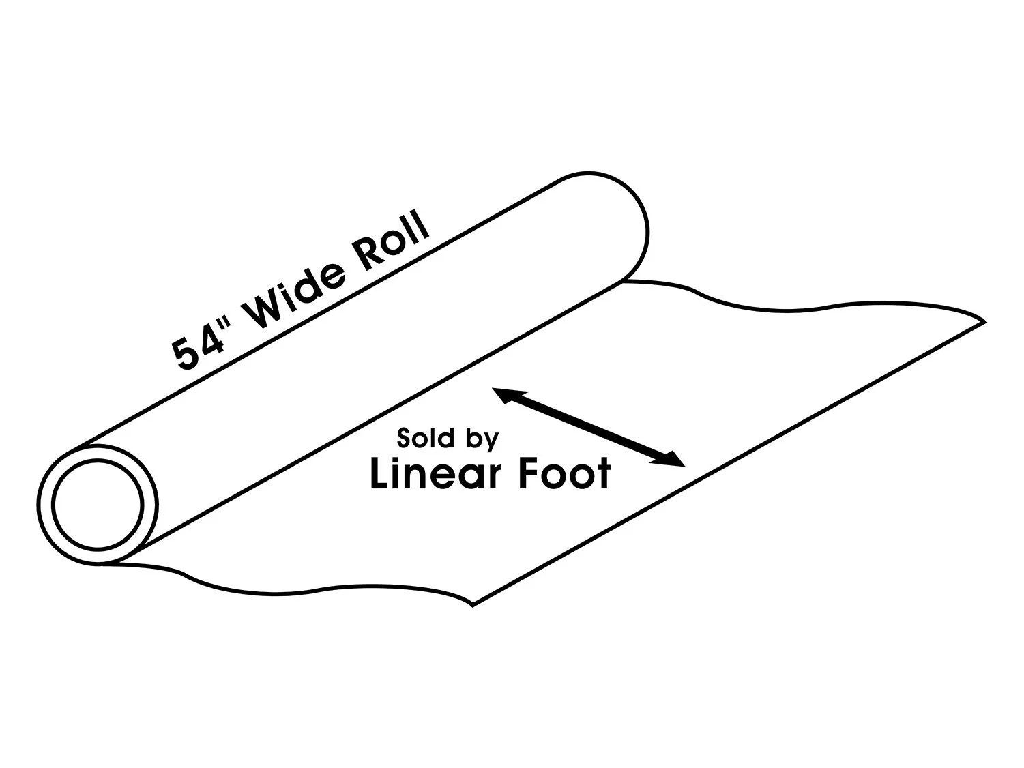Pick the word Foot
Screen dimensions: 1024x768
coord(559,473)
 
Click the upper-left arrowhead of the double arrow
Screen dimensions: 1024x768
coord(503,394)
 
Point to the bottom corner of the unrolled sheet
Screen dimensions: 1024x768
coord(473,604)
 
